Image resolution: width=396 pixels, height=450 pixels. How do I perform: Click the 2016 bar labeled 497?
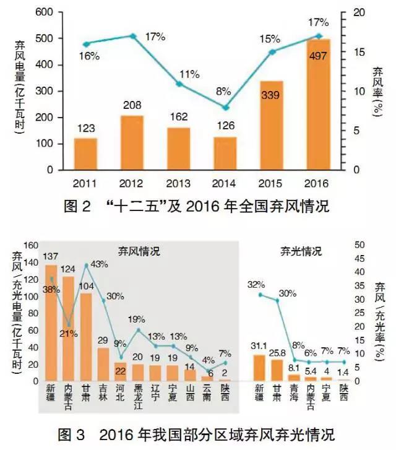click(x=318, y=105)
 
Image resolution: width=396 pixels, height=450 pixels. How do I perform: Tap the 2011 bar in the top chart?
click(x=86, y=154)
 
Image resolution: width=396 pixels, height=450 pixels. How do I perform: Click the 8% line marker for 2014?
click(x=226, y=108)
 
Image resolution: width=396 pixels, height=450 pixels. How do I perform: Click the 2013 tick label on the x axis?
click(x=179, y=184)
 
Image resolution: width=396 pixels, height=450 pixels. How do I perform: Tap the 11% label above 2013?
click(x=189, y=75)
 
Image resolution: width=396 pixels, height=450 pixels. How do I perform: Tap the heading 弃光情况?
click(x=301, y=251)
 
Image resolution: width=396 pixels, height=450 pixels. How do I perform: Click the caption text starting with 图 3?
click(x=197, y=433)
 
